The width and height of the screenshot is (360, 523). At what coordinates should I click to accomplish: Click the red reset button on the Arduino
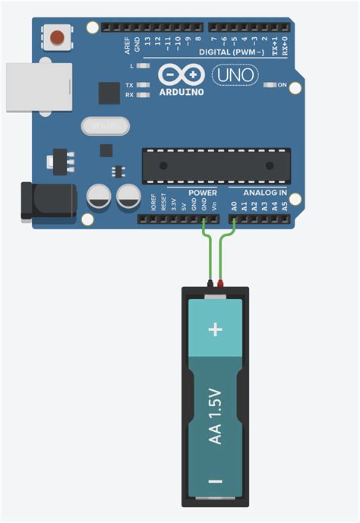click(57, 36)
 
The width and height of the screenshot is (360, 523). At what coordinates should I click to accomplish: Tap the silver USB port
click(38, 87)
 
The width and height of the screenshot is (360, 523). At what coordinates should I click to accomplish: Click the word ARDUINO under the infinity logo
click(182, 91)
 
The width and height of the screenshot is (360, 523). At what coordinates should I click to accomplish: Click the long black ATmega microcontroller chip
click(216, 165)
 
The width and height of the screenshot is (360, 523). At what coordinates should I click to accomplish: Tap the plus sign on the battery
click(216, 329)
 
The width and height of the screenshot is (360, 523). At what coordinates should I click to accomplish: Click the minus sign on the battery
click(216, 480)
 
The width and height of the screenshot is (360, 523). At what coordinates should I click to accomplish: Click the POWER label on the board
click(203, 193)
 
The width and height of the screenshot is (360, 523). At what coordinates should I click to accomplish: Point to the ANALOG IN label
click(264, 193)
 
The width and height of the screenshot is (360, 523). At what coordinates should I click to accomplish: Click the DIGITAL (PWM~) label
click(232, 52)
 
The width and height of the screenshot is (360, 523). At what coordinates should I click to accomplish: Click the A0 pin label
click(235, 205)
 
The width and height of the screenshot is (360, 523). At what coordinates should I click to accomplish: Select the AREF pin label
click(128, 46)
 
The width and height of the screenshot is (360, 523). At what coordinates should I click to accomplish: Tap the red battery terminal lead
click(221, 284)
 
